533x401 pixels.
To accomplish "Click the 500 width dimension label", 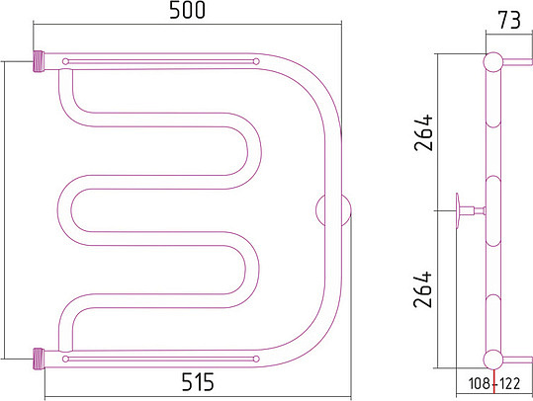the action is (187, 10).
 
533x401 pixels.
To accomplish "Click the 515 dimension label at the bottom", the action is (198, 381).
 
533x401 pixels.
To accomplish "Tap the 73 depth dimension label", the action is (509, 20).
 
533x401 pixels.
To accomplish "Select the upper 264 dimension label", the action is (423, 132).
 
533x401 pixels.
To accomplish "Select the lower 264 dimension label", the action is (423, 289).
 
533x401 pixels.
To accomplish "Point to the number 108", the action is (479, 383).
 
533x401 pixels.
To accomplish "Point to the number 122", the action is (509, 383).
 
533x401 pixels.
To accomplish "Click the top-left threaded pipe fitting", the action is (39, 61).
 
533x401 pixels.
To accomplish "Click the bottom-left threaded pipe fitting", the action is (39, 359).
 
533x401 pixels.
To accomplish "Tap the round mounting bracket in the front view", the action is (333, 210).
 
